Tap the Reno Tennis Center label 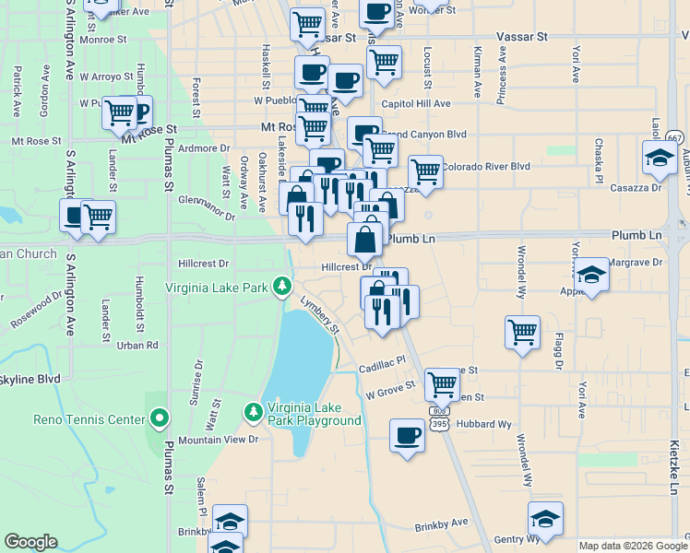pos(89,419)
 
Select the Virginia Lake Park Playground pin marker pos(252,412)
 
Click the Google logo pos(30,542)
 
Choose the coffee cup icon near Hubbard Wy pos(407,435)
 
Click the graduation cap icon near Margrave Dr pos(591,274)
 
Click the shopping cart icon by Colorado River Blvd pos(424,171)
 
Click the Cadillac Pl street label pos(383,362)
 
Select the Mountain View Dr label pos(218,440)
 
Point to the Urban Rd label pos(137,345)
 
